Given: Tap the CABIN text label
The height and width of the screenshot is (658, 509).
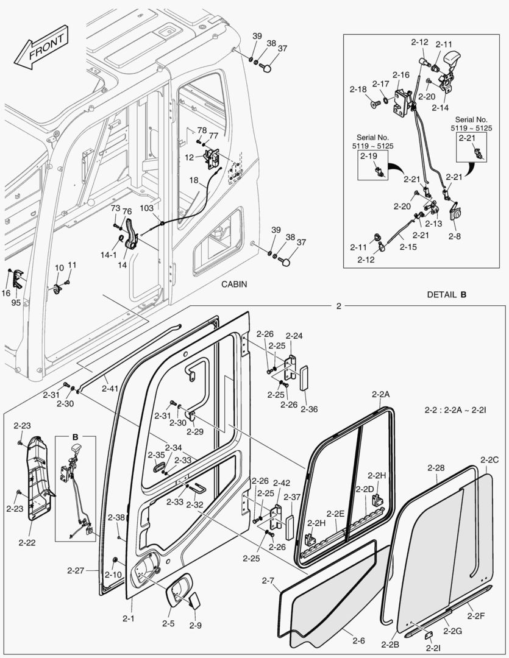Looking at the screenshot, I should click(235, 284).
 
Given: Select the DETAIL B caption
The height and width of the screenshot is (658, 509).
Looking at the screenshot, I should click(446, 294).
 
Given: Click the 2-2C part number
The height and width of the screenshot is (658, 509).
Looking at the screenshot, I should click(489, 459).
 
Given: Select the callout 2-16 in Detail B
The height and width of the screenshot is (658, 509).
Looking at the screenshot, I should click(400, 74).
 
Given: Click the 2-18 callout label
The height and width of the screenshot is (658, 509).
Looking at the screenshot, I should click(358, 89).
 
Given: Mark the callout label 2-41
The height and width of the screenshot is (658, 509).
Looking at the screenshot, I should click(110, 388).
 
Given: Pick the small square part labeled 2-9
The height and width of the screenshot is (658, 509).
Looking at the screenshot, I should click(195, 601).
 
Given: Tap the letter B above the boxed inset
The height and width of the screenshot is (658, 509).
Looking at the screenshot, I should click(76, 437).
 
